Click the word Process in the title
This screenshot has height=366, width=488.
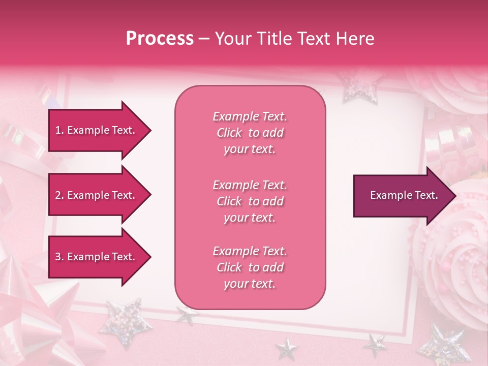coord(160,39)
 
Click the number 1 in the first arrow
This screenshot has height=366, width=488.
coord(58,130)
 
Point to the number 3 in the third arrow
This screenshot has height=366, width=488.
coord(58,257)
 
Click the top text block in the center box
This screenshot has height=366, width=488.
coord(250,133)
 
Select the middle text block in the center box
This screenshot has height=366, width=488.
coord(250,201)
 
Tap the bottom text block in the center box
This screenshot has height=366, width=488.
coord(250,267)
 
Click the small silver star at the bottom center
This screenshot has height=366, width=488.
coord(287,350)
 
